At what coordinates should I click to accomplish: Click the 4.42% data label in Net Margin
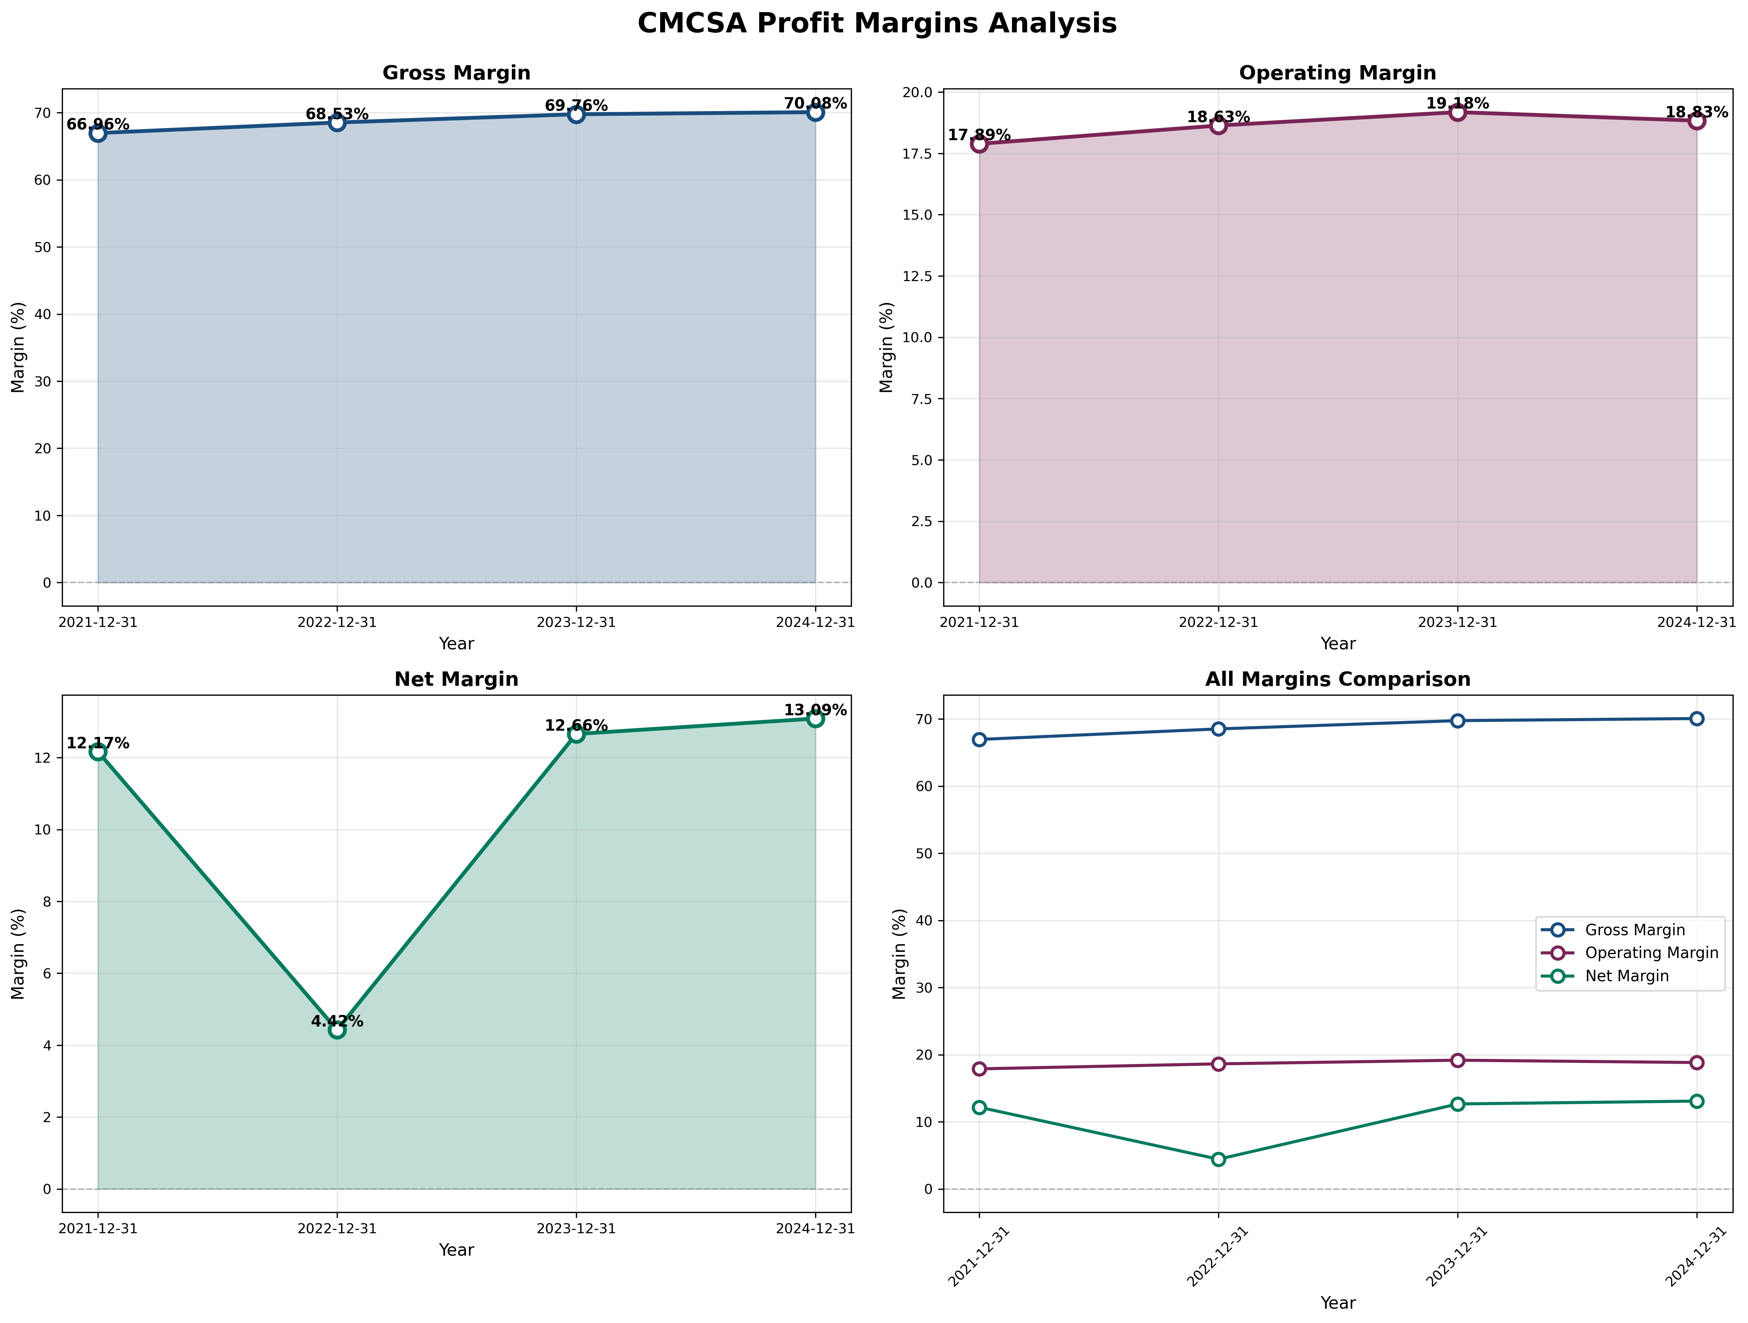(337, 1021)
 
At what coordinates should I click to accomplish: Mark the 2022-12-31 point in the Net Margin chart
(337, 1030)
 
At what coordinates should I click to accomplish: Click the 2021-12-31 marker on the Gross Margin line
(98, 134)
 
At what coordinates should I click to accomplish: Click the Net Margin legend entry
(1626, 976)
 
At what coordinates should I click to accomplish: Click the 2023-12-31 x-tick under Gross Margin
(576, 623)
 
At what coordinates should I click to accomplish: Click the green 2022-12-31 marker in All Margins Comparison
(1218, 1160)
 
